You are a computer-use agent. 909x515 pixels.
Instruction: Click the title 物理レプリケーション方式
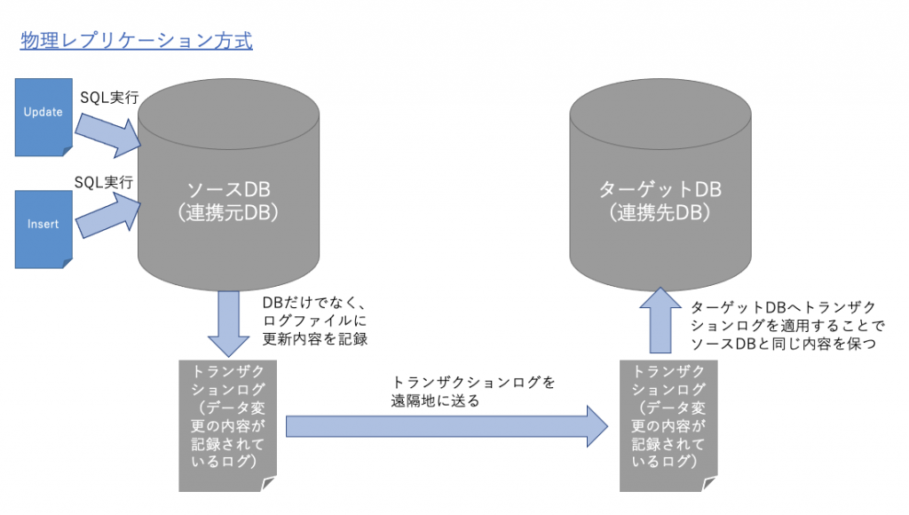point(136,41)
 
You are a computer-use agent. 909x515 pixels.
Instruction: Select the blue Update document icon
point(43,116)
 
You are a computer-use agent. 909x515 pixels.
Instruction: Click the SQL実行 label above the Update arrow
point(109,98)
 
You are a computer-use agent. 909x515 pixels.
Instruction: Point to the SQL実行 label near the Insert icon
point(104,182)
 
